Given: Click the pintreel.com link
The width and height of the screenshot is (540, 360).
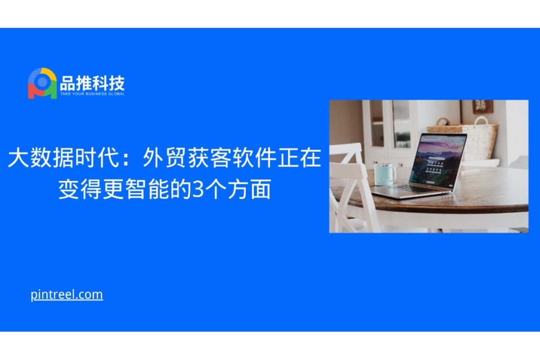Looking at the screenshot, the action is click(66, 295).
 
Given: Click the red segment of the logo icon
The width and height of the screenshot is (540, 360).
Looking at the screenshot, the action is click(34, 91).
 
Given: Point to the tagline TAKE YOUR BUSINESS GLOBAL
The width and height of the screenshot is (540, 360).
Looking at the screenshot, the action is click(93, 94).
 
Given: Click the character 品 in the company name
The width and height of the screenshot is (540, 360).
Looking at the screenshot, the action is click(67, 83).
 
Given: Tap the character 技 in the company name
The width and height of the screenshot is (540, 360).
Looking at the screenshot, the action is click(117, 83).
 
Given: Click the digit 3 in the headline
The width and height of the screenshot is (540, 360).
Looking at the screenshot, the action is click(198, 189).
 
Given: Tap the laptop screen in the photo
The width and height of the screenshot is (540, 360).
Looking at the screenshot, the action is click(438, 158).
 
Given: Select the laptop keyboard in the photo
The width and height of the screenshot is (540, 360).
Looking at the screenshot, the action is click(414, 189).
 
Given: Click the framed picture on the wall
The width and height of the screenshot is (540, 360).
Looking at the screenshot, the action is click(483, 106).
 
